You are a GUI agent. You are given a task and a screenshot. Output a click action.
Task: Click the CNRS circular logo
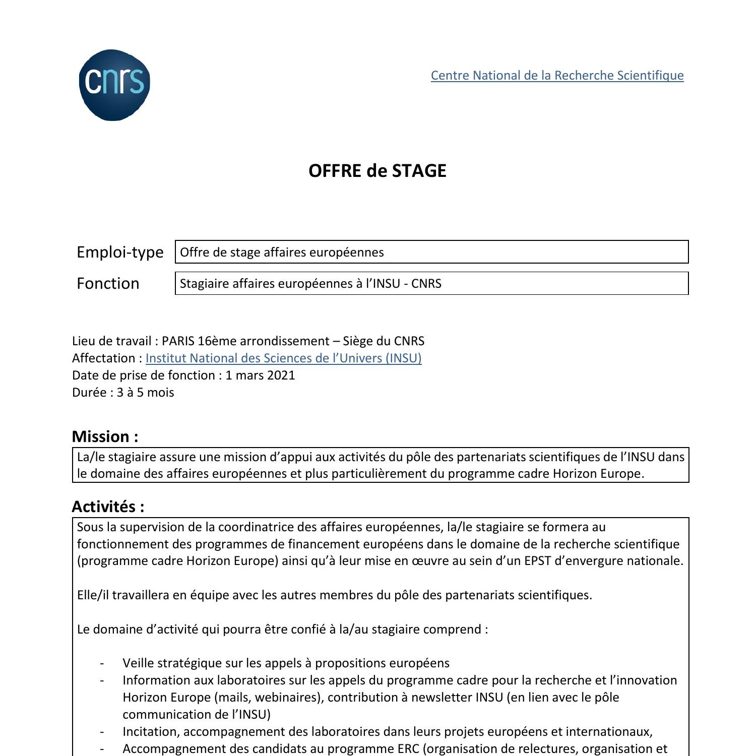pos(114,85)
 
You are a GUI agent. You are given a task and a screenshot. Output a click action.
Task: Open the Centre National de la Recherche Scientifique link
pos(557,76)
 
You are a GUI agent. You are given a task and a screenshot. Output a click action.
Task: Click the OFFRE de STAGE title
pos(377,171)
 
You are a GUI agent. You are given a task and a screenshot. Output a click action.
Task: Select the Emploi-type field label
pos(120,252)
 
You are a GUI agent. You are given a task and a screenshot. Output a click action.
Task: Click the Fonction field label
pos(108,283)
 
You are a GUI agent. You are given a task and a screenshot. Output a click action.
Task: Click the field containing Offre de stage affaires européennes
pos(431,252)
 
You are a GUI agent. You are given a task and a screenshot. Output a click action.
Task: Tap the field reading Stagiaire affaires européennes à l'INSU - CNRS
pos(431,283)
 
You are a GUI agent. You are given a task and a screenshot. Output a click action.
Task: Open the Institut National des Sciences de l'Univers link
pos(283,358)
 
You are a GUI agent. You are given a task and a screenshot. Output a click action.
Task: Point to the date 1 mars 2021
pos(260,375)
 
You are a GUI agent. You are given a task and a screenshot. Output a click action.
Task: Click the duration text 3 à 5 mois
pos(145,393)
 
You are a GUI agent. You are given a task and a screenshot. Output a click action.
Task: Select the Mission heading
pos(105,436)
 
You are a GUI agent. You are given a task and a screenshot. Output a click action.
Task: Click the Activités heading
pos(108,507)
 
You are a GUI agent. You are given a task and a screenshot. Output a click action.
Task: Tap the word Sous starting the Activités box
pos(90,527)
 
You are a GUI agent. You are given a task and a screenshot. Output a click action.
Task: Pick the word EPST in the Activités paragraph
pos(537,561)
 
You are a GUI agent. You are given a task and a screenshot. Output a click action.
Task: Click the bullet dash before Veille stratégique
pos(102,663)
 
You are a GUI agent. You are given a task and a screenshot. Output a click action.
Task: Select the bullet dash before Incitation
pos(102,732)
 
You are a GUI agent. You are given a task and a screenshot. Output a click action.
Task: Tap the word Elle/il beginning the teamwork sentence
pos(93,595)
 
